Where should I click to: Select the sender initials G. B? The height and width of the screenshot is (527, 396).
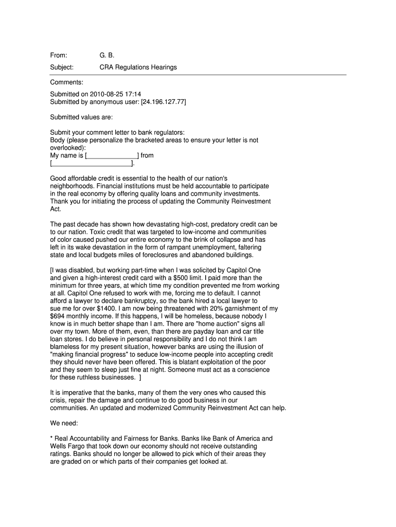coord(106,55)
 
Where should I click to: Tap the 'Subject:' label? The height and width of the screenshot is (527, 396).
coord(62,67)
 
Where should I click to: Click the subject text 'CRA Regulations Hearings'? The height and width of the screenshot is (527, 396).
coord(138,67)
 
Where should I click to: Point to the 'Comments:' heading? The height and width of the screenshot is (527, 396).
coord(66,82)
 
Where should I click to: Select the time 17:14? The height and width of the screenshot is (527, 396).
coord(134,94)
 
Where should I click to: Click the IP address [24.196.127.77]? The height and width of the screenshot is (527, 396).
coord(159,102)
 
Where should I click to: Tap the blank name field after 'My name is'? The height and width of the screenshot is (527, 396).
coord(112,155)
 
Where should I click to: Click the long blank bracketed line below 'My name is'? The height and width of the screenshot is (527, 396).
coord(92,164)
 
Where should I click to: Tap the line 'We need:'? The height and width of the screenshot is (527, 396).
coord(64,423)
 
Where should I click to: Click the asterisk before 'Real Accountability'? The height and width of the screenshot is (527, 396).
coord(51,438)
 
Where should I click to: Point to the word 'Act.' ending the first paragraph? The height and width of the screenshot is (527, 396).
coord(56,209)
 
